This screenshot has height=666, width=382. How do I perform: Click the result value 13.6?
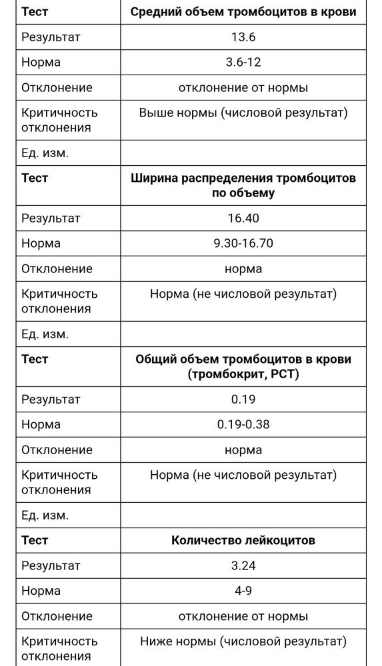243,37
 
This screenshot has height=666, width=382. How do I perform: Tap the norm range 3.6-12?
243,63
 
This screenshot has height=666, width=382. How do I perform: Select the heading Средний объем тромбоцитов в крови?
243,12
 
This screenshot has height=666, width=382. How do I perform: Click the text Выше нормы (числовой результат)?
243,113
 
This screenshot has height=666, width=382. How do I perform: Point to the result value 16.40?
243,218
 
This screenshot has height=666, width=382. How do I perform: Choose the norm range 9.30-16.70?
243,244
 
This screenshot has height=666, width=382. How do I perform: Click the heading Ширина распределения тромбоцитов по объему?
243,186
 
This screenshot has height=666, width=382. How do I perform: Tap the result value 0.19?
243,400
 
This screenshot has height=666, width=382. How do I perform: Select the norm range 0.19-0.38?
243,425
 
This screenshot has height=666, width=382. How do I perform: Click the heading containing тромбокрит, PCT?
243,367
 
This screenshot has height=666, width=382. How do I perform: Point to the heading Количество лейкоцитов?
243,541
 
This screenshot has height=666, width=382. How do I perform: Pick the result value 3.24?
243,566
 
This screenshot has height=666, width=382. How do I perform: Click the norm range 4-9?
243,591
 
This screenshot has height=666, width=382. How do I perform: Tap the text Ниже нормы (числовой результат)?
243,642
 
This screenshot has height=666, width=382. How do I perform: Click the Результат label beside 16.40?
51,218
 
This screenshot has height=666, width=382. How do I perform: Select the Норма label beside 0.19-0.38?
41,425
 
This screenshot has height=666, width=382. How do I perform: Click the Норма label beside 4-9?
41,591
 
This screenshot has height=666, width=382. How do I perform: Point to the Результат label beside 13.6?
51,37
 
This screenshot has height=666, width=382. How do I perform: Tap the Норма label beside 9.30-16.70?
41,244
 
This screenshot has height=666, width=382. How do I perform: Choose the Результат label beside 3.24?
51,566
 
